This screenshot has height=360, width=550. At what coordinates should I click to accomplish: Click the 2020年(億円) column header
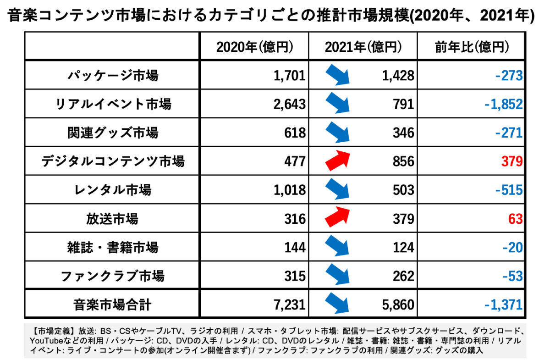coord(254,46)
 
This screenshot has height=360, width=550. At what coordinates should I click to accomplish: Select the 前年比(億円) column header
coord(472,46)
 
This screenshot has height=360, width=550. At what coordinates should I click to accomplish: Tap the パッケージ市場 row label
coord(112,75)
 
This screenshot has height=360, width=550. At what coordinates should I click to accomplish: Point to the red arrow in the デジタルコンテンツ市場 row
coord(337,160)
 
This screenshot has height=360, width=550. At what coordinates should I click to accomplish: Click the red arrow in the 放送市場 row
coord(337,217)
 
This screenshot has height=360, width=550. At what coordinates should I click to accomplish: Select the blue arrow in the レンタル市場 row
coord(337,189)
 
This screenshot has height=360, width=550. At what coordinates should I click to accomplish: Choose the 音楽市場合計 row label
coord(112,304)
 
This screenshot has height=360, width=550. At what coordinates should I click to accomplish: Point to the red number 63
coord(515,219)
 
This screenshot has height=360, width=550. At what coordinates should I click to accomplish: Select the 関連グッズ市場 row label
coord(112,133)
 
